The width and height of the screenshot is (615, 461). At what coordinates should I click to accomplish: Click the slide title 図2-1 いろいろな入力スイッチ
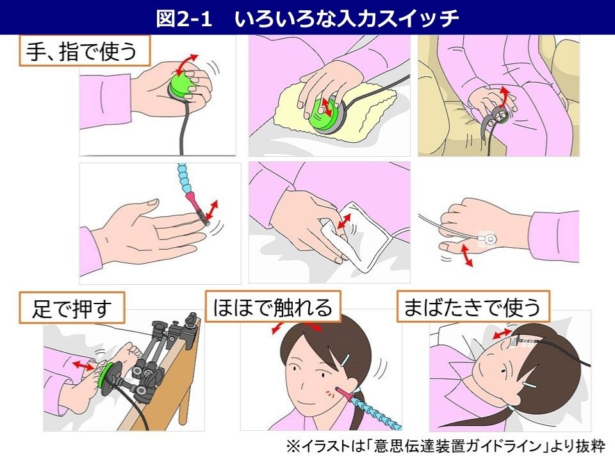coord(307,18)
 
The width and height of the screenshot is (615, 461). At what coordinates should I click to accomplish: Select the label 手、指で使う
coord(83,51)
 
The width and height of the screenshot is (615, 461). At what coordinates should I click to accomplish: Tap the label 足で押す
coord(71,309)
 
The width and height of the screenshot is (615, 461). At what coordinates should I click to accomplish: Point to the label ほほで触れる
coord(273,308)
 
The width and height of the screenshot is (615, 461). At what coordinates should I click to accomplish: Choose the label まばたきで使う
coord(472,308)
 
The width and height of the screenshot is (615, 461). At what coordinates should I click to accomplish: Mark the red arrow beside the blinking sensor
coord(502,334)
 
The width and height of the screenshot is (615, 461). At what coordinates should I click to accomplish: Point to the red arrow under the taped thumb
coord(465,256)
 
